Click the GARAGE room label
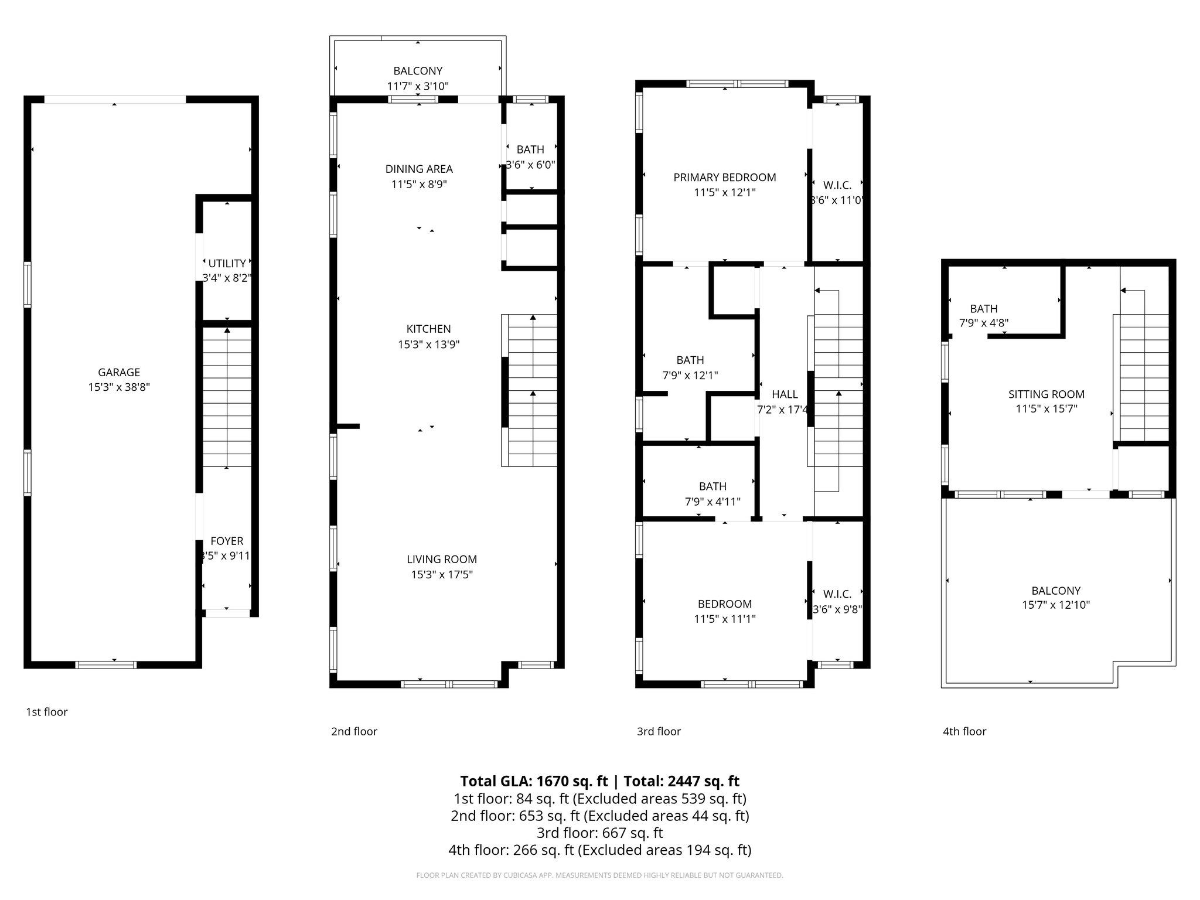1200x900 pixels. click(119, 372)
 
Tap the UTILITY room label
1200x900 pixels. click(227, 264)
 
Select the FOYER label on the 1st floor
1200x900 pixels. click(227, 541)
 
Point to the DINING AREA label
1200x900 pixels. click(419, 169)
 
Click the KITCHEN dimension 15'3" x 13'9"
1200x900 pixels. click(428, 345)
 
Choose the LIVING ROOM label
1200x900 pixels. click(442, 559)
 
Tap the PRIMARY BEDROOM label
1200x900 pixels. click(725, 177)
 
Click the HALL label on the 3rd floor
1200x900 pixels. click(785, 394)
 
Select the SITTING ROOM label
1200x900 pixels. click(1046, 394)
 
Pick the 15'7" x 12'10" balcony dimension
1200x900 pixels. click(1056, 605)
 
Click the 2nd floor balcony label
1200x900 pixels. click(418, 71)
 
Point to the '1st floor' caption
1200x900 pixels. click(47, 712)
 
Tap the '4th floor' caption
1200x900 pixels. click(964, 731)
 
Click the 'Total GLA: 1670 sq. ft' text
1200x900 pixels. click(534, 781)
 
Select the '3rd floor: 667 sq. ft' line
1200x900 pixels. click(599, 833)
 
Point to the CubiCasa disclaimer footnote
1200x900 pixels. click(599, 875)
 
